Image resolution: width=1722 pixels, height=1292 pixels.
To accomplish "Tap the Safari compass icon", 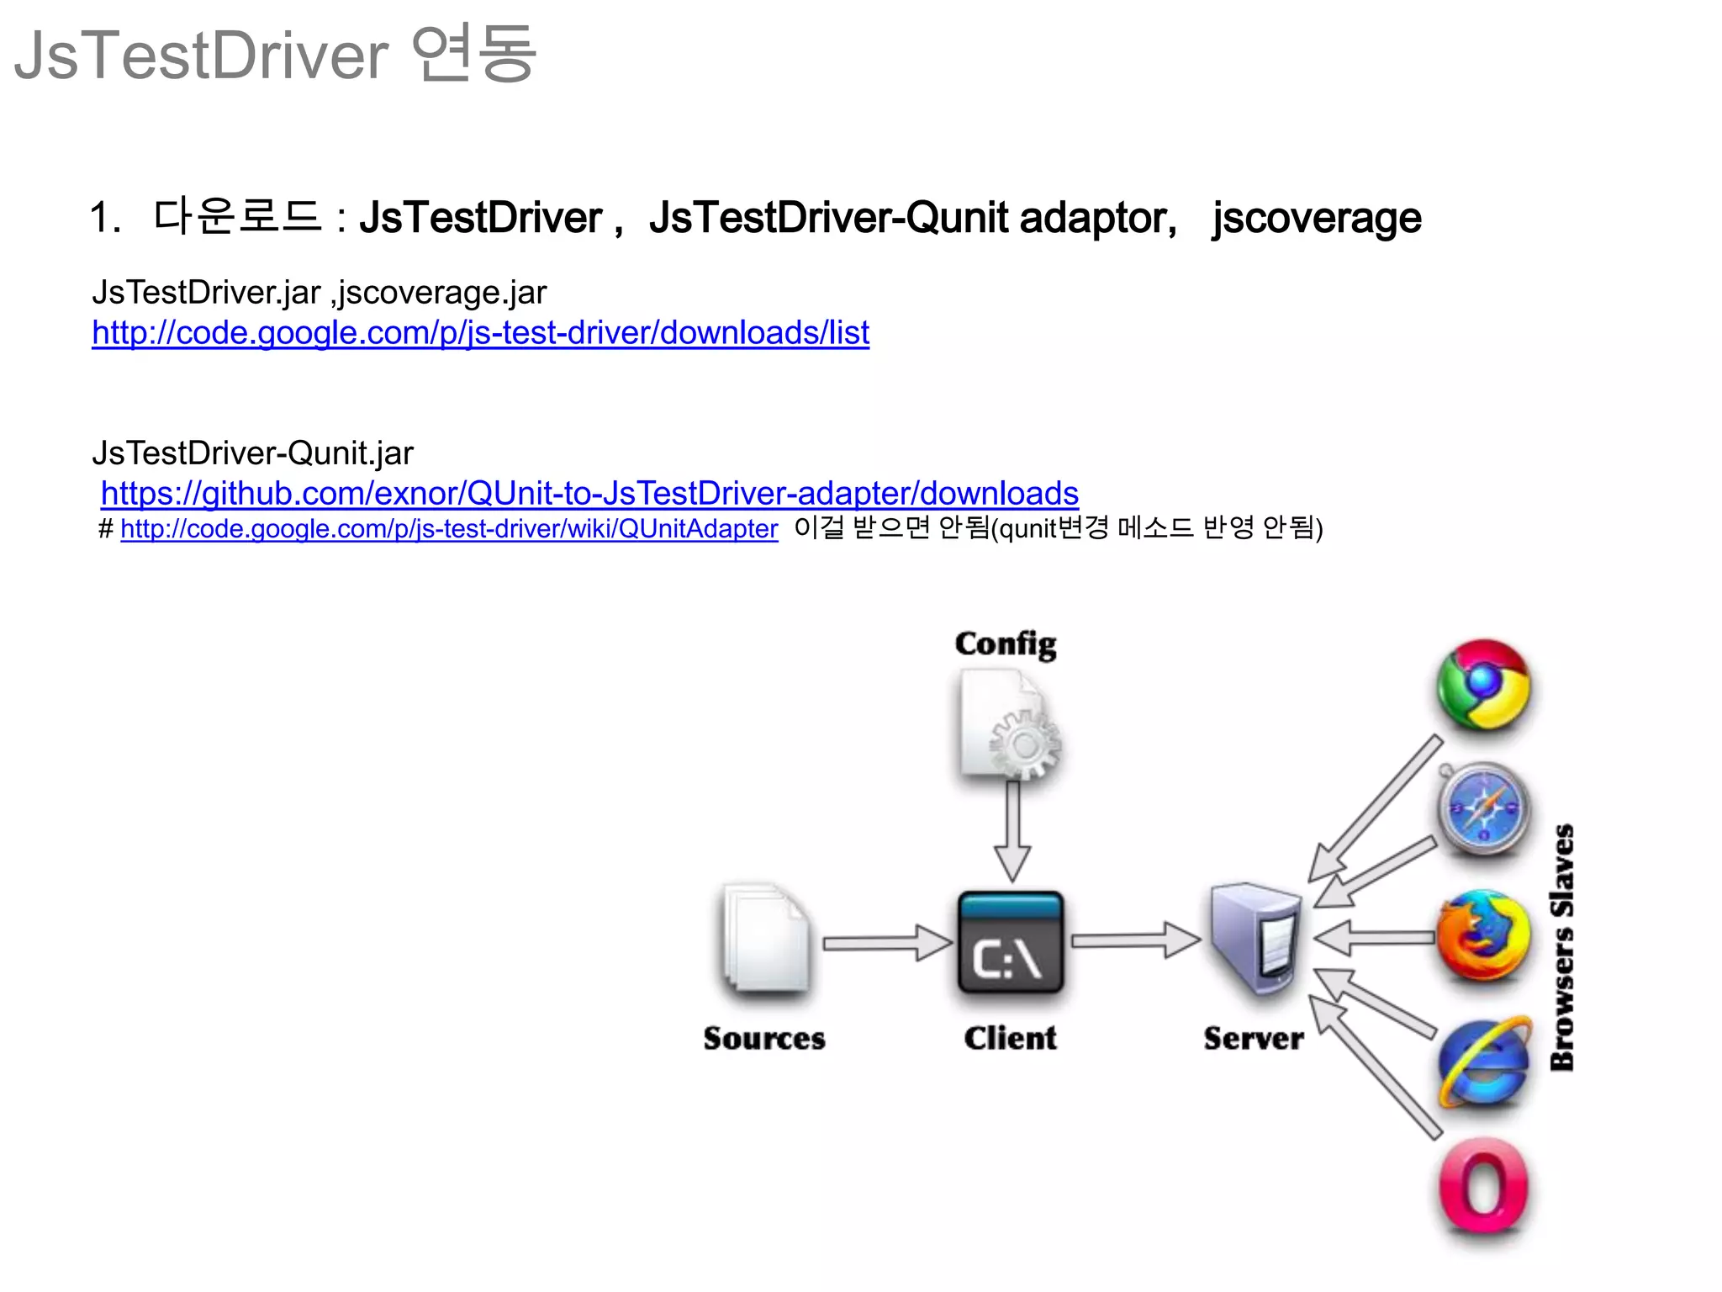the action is click(x=1483, y=808).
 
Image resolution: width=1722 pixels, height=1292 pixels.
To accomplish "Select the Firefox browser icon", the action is click(x=1482, y=935).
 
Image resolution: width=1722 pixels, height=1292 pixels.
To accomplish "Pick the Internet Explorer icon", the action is click(x=1484, y=1062).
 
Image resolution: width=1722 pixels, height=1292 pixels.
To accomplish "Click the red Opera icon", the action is click(x=1483, y=1186).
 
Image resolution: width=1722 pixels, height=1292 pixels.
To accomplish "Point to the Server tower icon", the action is click(x=1255, y=937).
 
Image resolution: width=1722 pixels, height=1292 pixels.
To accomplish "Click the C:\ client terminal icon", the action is click(x=1010, y=942).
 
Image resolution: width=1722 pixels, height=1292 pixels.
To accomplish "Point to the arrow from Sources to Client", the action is click(x=885, y=943).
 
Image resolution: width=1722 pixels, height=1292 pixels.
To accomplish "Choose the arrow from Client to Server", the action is click(x=1134, y=940).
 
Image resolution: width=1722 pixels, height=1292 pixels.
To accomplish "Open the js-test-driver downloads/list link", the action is click(x=480, y=333).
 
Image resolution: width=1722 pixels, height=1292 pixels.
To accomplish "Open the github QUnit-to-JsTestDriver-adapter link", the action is click(x=589, y=493).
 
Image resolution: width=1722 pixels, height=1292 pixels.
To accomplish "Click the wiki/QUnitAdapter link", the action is click(x=449, y=529).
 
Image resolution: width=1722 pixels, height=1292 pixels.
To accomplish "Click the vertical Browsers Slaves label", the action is click(x=1561, y=947).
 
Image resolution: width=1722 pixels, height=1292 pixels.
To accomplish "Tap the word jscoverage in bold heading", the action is click(x=1316, y=218).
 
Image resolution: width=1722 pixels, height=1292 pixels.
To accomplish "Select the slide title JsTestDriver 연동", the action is click(x=275, y=55).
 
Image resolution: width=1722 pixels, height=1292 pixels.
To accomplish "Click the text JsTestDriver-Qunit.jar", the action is click(x=252, y=453).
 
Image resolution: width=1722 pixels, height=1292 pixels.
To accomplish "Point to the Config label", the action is click(x=1006, y=643).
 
